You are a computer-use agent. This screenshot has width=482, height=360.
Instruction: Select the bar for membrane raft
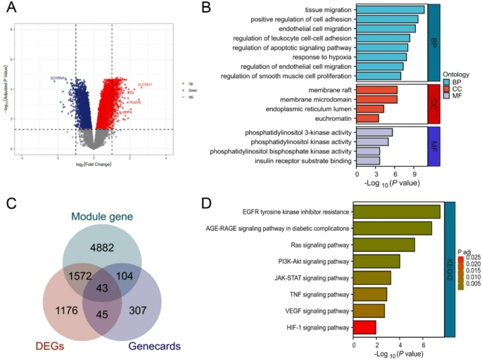point(377,90)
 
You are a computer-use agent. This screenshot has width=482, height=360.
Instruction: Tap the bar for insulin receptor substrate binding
point(369,161)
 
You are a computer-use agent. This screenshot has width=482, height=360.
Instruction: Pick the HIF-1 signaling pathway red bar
point(364,327)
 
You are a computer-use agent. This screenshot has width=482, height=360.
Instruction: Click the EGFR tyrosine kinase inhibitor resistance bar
point(396,212)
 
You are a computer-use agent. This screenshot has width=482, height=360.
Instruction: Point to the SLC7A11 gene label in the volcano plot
point(145,84)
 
